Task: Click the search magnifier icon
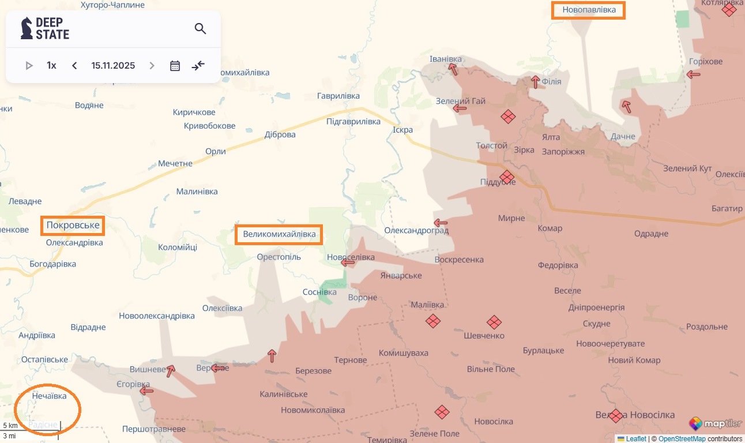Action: pyautogui.click(x=200, y=29)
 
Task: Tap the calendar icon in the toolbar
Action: pyautogui.click(x=175, y=66)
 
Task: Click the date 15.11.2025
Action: pyautogui.click(x=113, y=66)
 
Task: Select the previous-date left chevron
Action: pyautogui.click(x=74, y=66)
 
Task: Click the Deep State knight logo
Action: pyautogui.click(x=27, y=28)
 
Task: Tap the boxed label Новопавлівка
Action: pyautogui.click(x=588, y=10)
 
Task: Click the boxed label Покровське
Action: pyautogui.click(x=73, y=226)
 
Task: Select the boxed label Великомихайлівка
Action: pyautogui.click(x=279, y=234)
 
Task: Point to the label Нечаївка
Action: pyautogui.click(x=49, y=396)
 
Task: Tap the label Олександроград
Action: pyautogui.click(x=416, y=231)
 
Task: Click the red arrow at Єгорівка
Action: pyautogui.click(x=146, y=391)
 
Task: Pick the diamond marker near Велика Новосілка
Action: pyautogui.click(x=616, y=416)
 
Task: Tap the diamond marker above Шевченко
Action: pyautogui.click(x=494, y=322)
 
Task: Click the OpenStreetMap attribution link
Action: pyautogui.click(x=682, y=439)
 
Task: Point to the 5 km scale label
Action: pyautogui.click(x=10, y=426)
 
